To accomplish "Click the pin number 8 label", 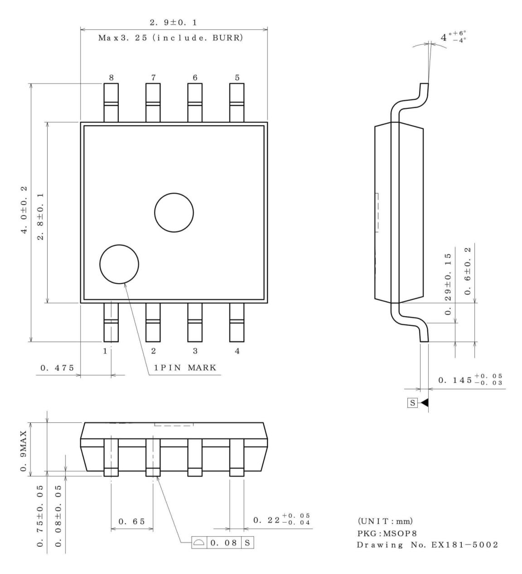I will coord(111,78).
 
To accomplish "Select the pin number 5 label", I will coord(237,78).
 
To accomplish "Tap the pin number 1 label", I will coord(105,351).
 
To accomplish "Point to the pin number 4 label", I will coord(237,351).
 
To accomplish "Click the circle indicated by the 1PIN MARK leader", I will coord(119,264).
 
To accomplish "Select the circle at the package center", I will coord(174,212).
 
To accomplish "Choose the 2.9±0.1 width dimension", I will coord(174,22).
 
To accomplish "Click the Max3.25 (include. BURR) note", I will coord(171,38).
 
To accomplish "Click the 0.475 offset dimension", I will coord(55,368).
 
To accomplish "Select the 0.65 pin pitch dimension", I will coord(132,521).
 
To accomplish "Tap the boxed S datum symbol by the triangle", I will coord(412,402).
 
